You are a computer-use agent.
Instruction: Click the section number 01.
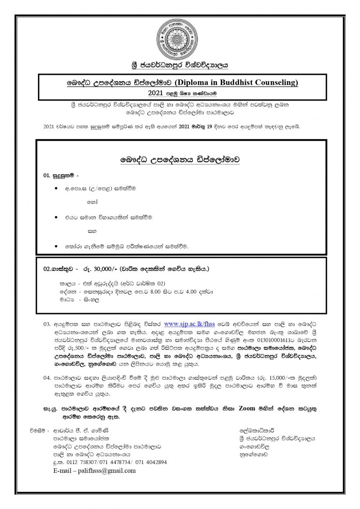pyautogui.click(x=46, y=175)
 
